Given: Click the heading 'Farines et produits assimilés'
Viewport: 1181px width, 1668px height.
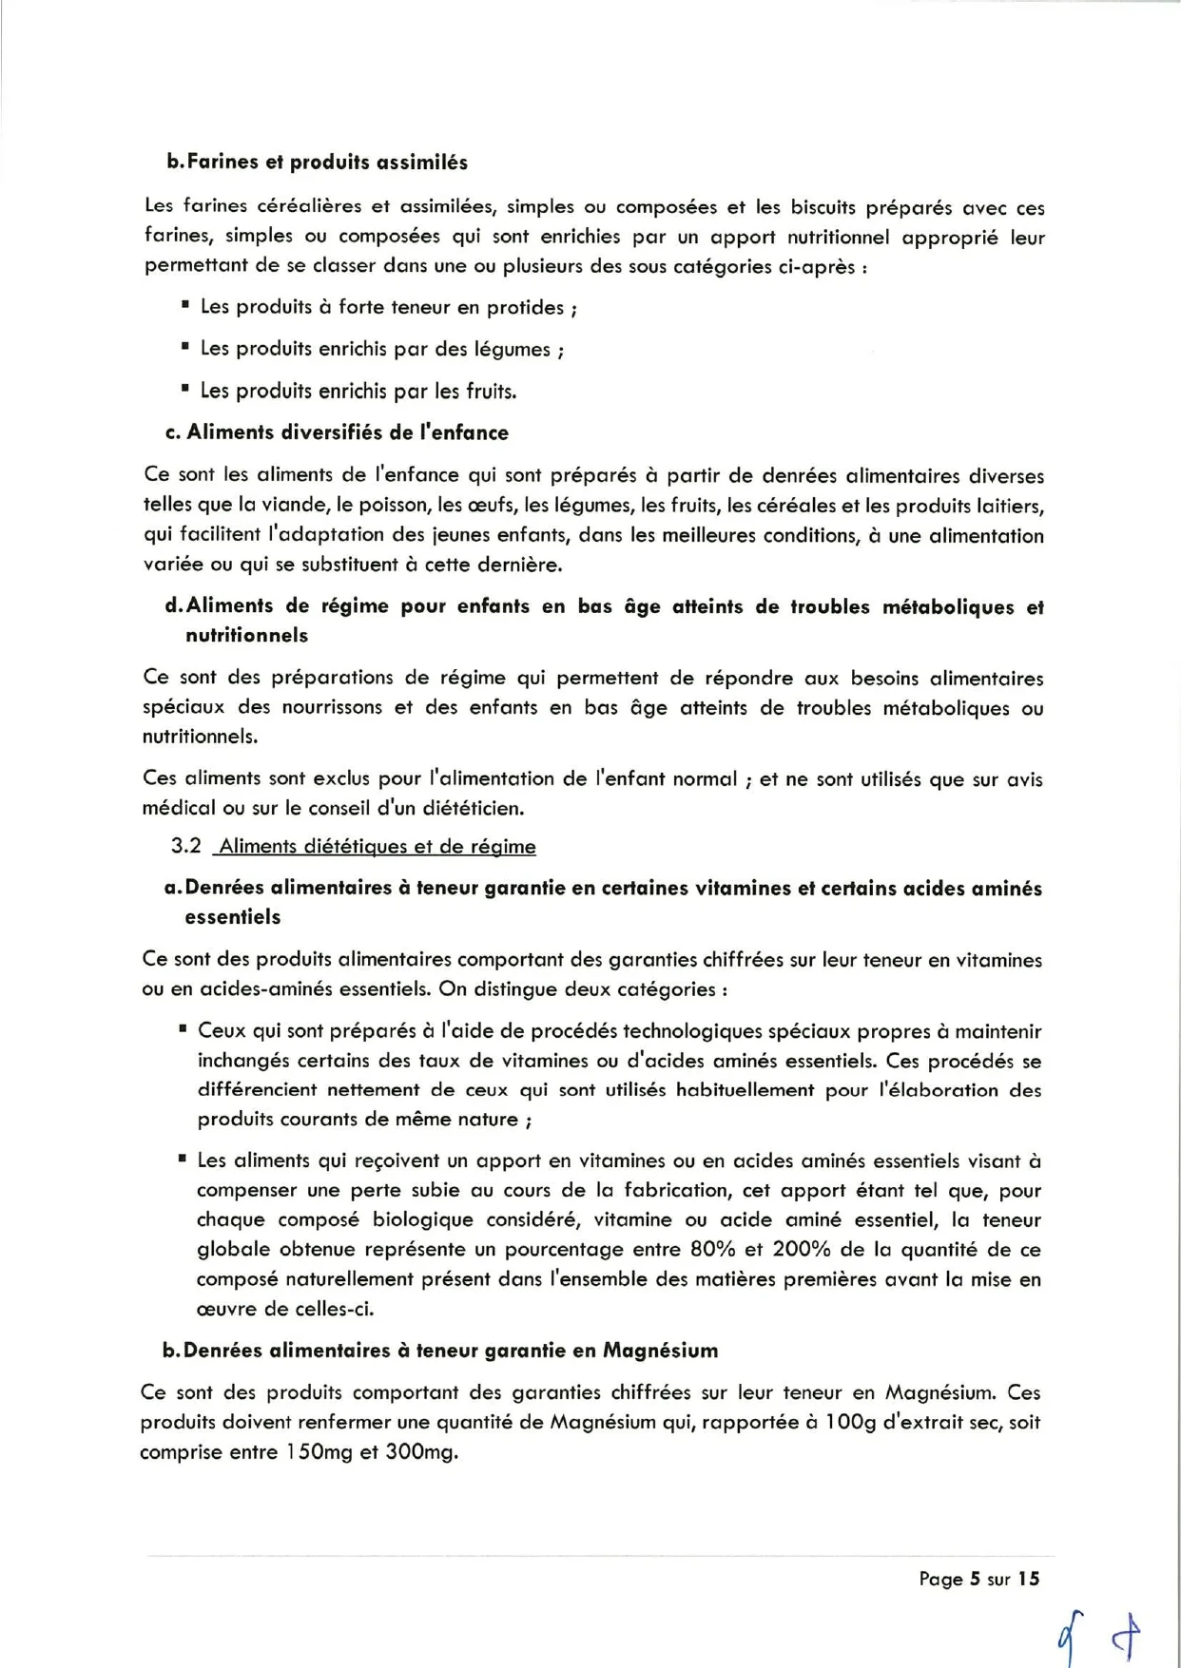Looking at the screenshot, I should (x=327, y=163).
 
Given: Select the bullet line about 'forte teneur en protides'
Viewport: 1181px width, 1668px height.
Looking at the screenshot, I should (x=388, y=308).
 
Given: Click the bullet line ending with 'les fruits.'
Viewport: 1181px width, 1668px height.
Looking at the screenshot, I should (x=358, y=392).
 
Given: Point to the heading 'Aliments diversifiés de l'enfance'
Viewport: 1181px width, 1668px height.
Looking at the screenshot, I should (x=347, y=433).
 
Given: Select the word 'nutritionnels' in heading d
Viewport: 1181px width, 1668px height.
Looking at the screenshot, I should (x=247, y=635).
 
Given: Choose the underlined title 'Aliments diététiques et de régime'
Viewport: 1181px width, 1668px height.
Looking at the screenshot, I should (x=378, y=846).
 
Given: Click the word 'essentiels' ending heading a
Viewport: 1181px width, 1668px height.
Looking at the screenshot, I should (x=233, y=917).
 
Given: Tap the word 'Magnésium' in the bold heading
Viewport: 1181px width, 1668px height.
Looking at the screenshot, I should (x=661, y=1351).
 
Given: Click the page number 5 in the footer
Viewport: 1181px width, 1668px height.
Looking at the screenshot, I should (x=974, y=1579).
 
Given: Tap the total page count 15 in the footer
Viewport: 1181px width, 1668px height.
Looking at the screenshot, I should (x=1029, y=1579).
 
